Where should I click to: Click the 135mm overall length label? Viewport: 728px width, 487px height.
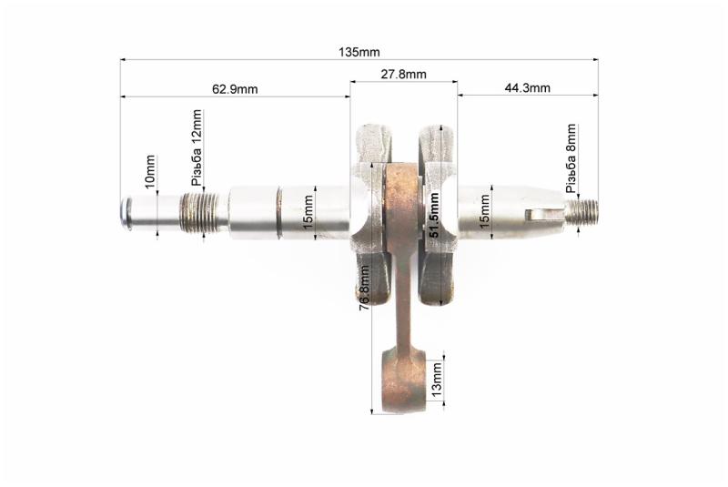pos(359,52)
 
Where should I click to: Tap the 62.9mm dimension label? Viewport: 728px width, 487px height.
pos(235,88)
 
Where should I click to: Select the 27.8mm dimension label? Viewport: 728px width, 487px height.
pos(403,74)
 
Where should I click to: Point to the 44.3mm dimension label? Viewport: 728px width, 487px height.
pos(528,87)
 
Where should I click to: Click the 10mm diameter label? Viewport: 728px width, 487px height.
pos(150,172)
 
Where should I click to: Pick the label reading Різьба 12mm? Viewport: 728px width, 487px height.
pos(197,147)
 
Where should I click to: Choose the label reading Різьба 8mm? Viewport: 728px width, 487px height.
pos(571,158)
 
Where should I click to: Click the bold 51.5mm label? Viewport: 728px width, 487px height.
pos(434,215)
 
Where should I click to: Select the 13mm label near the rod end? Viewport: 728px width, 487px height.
pos(437,380)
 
